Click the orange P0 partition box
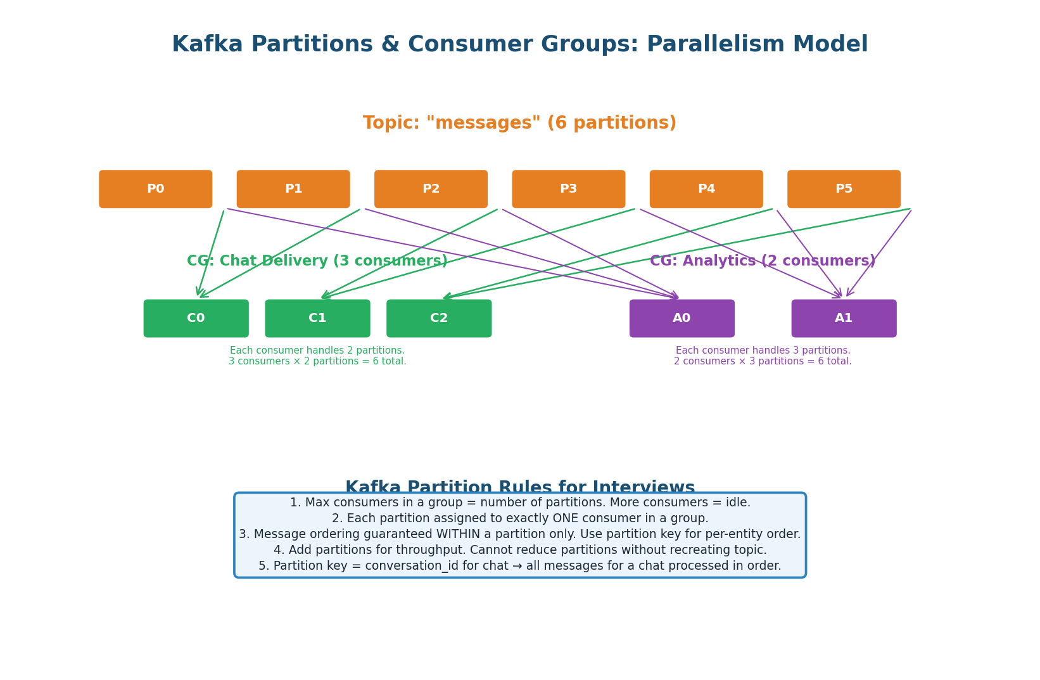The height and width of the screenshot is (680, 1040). click(155, 189)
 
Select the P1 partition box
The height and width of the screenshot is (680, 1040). click(293, 189)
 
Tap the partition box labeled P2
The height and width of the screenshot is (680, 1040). click(431, 189)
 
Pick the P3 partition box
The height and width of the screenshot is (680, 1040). click(568, 189)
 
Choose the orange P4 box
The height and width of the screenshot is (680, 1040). click(706, 189)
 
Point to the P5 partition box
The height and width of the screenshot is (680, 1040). click(844, 189)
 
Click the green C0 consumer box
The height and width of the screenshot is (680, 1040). click(196, 318)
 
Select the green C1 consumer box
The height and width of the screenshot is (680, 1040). click(317, 318)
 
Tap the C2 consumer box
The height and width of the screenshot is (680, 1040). click(439, 318)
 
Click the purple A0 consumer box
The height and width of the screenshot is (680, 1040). click(682, 318)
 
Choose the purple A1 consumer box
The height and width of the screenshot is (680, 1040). click(844, 318)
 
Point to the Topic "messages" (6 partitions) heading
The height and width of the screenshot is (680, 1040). click(519, 124)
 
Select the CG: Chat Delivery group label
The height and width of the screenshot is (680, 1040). click(317, 261)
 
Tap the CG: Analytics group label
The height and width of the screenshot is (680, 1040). click(762, 261)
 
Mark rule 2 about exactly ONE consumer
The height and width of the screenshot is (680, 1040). click(519, 518)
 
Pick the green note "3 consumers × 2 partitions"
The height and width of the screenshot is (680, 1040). click(317, 361)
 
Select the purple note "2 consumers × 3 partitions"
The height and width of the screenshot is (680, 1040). click(762, 361)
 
